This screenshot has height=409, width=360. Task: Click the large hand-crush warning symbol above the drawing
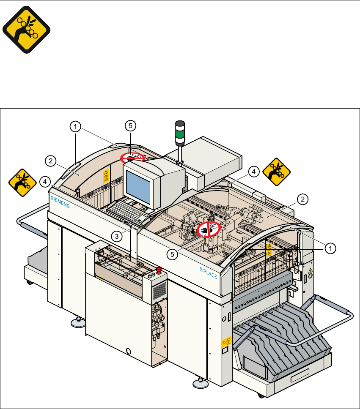[x=26, y=30]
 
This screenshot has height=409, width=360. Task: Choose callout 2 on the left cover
[x=50, y=161]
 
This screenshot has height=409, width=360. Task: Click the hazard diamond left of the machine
[x=21, y=182]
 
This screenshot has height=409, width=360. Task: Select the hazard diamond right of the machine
[x=276, y=170]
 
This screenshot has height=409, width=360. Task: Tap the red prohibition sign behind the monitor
[x=130, y=158]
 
